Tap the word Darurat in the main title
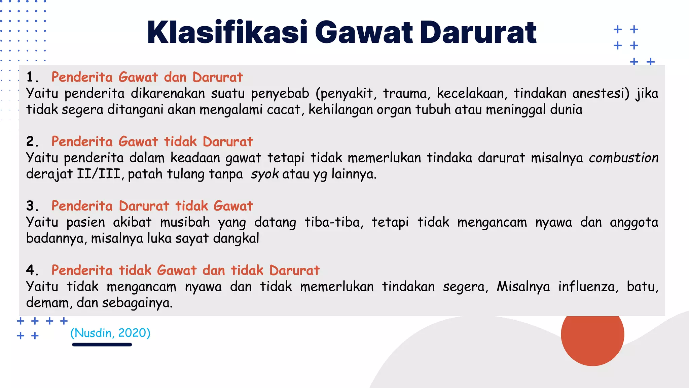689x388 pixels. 478,32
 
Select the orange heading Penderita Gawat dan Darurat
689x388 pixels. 147,77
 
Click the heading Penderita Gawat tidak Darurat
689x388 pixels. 152,141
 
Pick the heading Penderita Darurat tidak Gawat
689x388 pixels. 152,206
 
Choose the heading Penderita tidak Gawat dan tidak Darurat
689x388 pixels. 185,270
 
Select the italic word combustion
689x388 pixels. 623,158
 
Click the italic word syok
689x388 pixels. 265,174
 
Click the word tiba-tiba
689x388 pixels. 334,222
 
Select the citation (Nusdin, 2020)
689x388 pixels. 110,333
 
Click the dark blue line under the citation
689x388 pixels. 102,345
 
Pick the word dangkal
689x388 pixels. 236,238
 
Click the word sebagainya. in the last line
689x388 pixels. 137,303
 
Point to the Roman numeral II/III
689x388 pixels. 99,174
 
